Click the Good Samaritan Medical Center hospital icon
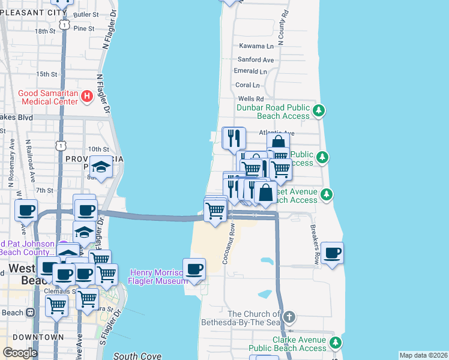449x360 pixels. [x=87, y=95]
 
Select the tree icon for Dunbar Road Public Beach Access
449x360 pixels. [x=320, y=110]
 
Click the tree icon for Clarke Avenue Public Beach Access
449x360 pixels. [x=336, y=343]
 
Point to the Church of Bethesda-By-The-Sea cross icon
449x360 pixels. [x=289, y=317]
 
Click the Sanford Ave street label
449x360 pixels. [x=256, y=60]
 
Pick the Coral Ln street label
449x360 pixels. [x=247, y=85]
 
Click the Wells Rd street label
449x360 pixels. [x=251, y=98]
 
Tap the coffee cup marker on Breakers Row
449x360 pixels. [x=332, y=252]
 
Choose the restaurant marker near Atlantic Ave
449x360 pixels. [x=234, y=137]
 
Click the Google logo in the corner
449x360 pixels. [x=20, y=352]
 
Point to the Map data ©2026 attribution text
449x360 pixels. [x=423, y=355]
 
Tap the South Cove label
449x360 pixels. [x=137, y=356]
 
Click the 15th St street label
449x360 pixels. [x=46, y=74]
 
